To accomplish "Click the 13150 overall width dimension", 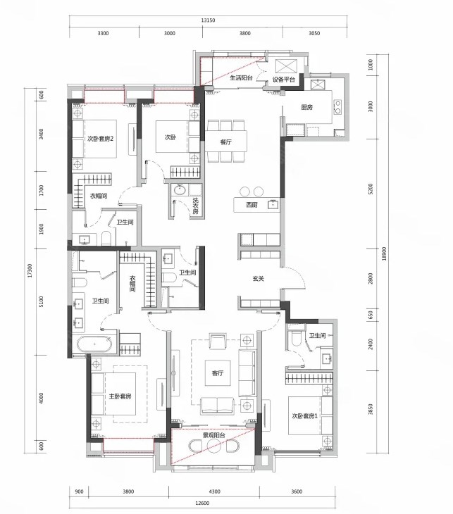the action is [208, 20].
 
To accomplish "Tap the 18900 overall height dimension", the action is [384, 253].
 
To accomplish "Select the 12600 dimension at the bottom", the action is [202, 503].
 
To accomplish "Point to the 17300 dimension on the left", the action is [30, 271].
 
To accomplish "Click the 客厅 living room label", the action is [218, 373].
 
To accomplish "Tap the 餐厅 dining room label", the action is [226, 142].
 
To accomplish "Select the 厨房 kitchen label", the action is [306, 107].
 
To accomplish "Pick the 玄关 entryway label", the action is [259, 279].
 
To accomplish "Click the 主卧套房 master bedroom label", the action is [120, 396].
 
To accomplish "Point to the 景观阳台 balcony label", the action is [214, 435].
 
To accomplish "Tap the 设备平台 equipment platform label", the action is [284, 80].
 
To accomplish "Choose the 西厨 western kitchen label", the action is [252, 205].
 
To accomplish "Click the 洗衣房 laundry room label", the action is [196, 206].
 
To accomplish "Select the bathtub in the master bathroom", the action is [94, 344].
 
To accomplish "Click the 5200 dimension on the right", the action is [371, 189].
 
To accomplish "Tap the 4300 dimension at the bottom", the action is [215, 491].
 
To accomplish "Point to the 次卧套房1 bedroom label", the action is [305, 416].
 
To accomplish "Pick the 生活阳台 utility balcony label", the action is [241, 78].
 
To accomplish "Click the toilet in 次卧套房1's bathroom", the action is [296, 338].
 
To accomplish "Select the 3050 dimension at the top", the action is [314, 33].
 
